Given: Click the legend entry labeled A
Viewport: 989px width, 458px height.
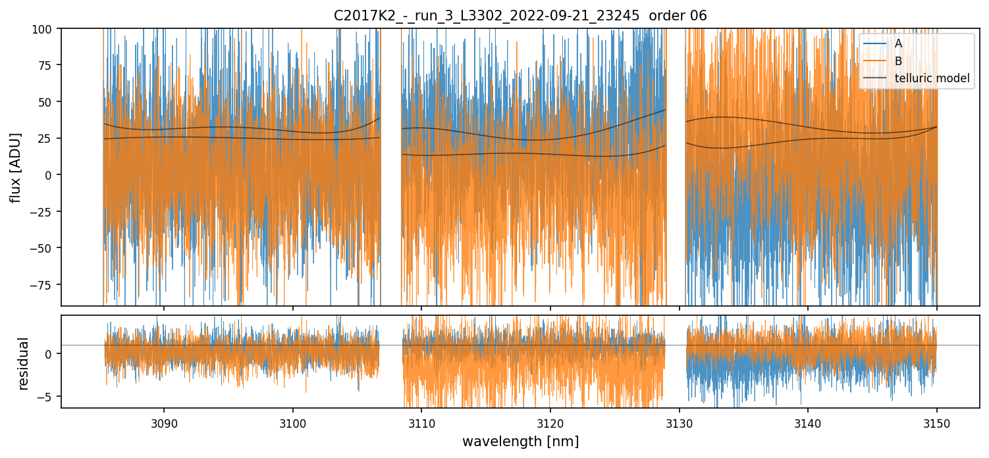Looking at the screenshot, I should coord(898,44).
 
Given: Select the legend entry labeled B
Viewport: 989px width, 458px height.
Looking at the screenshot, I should coord(898,61).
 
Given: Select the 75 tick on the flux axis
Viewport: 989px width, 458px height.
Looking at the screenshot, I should coord(49,65).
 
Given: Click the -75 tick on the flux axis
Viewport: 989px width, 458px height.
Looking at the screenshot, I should coord(46,284).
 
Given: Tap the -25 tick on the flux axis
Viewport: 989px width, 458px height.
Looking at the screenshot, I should coord(46,211).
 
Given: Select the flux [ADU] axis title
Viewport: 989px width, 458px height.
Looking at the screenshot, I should coord(15,167).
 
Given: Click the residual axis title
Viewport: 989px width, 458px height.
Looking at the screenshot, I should coord(24,363).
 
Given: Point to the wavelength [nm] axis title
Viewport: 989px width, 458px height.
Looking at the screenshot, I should coord(520,442).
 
